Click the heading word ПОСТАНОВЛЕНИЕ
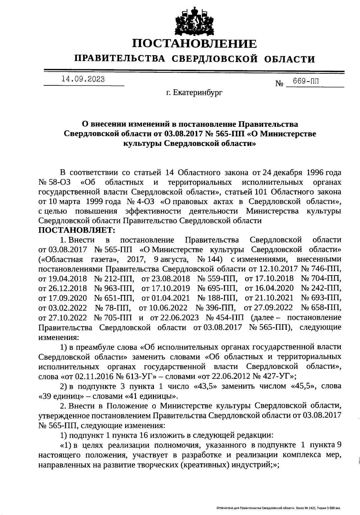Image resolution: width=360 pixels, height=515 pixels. [195, 44]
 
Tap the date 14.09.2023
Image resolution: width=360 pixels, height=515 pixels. [83, 79]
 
